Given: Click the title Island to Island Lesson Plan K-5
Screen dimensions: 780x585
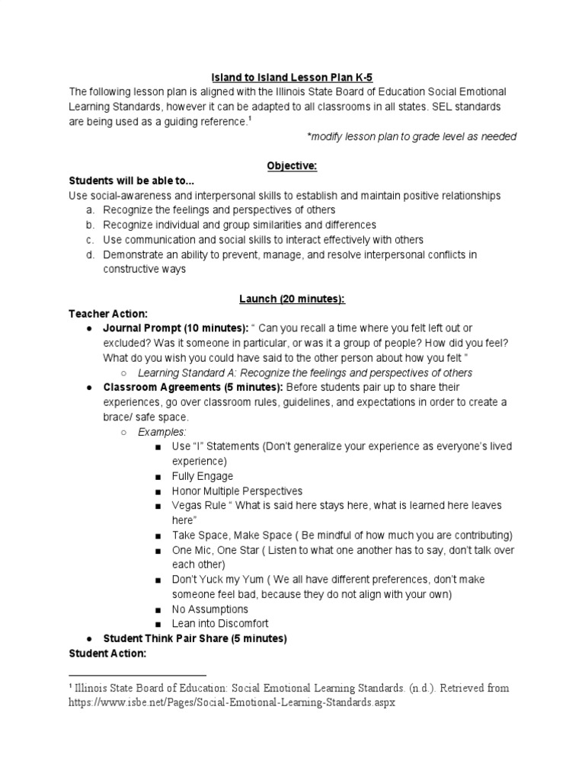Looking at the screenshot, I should [x=292, y=76].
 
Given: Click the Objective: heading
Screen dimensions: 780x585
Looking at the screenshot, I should [x=292, y=165].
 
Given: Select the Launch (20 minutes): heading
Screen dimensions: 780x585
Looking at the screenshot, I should [x=292, y=299].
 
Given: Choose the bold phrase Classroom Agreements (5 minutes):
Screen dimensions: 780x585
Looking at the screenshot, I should [x=179, y=387].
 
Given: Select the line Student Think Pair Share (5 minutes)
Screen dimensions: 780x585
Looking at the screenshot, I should [x=195, y=639].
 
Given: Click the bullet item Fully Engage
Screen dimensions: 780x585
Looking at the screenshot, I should [x=203, y=476].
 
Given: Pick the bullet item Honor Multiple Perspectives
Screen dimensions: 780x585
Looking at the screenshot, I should [x=237, y=491].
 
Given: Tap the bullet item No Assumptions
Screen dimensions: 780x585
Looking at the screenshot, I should [x=210, y=609].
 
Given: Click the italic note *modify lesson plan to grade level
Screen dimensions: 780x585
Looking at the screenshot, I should [x=411, y=136].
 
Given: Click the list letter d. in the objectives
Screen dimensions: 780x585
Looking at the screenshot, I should [x=89, y=254].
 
